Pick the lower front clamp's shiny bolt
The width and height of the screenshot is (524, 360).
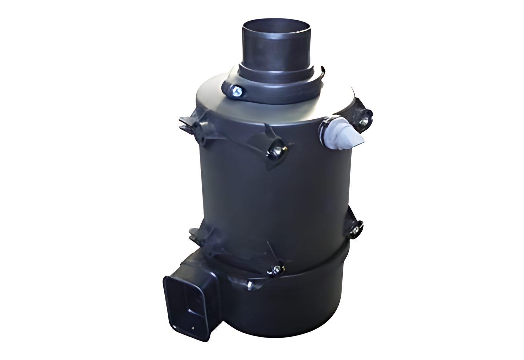(x=275, y=270)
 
